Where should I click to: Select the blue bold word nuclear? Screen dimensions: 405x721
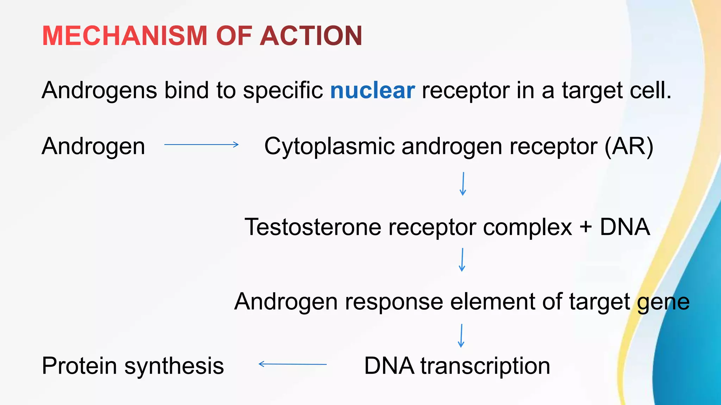pyautogui.click(x=372, y=90)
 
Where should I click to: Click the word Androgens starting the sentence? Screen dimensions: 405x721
pyautogui.click(x=99, y=91)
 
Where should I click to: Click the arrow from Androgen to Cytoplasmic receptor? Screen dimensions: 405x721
pyautogui.click(x=201, y=144)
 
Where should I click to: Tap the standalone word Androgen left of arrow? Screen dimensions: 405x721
pyautogui.click(x=93, y=147)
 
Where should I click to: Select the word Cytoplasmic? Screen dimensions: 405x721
pyautogui.click(x=329, y=147)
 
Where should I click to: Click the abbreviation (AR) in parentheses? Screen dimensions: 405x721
pyautogui.click(x=629, y=147)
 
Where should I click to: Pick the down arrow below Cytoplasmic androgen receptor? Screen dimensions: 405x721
pyautogui.click(x=463, y=184)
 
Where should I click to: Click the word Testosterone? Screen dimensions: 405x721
pyautogui.click(x=313, y=227)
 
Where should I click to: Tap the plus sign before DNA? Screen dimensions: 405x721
pyautogui.click(x=585, y=227)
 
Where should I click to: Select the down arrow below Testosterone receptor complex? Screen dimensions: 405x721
pyautogui.click(x=462, y=260)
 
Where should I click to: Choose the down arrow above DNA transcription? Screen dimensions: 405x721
pyautogui.click(x=461, y=336)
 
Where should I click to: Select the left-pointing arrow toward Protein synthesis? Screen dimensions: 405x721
pyautogui.click(x=293, y=364)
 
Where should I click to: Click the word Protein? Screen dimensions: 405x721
pyautogui.click(x=79, y=366)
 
